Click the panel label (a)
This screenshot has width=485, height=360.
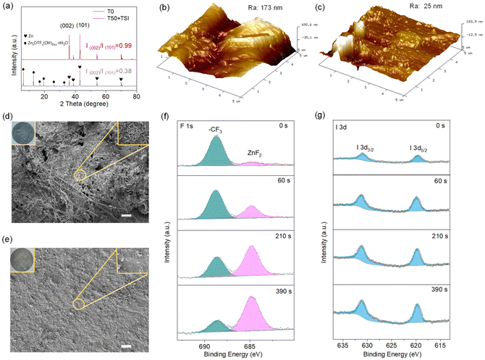[x=8, y=7]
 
